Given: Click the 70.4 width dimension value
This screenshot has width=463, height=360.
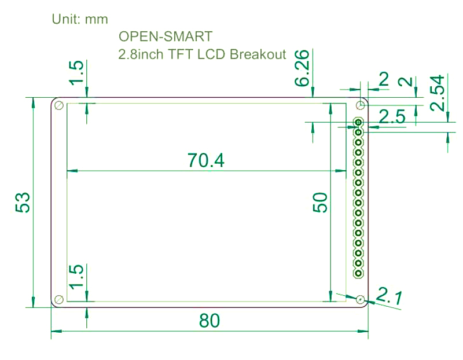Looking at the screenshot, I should coord(205,160).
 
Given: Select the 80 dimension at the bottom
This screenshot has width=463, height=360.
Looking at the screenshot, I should coord(210,321).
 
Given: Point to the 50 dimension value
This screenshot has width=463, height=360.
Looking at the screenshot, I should coord(320,203).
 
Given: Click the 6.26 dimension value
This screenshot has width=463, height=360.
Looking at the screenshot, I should coord(302,71).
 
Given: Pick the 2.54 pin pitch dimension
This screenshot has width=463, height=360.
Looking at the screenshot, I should coord(439,93).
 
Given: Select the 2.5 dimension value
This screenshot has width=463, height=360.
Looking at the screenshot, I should coord(392,117).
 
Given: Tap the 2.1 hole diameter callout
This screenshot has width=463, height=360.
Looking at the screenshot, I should coord(388,296).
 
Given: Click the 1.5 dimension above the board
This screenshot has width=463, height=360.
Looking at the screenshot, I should coord(77,73).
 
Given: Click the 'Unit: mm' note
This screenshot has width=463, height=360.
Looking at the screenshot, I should coord(80,19).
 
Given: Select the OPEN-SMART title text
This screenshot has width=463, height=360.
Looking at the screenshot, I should coord(166,36).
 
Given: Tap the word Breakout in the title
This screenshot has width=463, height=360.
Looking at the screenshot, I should coord(258,54).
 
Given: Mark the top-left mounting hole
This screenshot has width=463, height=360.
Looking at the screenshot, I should coord(58,105).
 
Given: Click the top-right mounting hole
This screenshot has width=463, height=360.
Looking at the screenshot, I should coord(361,105).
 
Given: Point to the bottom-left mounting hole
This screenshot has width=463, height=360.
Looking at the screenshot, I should coord(58,299).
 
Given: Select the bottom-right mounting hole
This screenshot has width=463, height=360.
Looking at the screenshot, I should coord(361,299).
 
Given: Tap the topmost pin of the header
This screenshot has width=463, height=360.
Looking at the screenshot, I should coord(359,122).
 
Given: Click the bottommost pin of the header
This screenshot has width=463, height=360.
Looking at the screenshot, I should coord(359,272).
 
